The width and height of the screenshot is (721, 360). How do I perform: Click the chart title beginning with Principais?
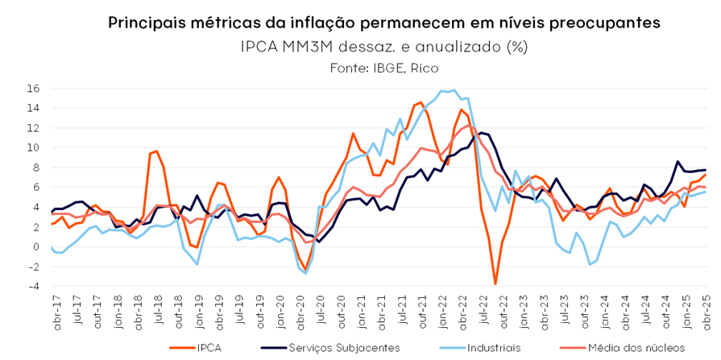(x=383, y=23)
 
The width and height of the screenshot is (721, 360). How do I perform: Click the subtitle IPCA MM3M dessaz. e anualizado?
(x=383, y=46)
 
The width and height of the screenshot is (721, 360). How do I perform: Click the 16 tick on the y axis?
(x=35, y=89)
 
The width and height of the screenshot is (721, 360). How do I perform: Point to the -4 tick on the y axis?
(x=34, y=286)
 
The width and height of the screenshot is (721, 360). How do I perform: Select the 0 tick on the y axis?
(x=37, y=246)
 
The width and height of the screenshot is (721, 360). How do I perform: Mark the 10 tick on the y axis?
(x=35, y=147)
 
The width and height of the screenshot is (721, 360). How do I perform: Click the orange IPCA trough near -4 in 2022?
(x=495, y=283)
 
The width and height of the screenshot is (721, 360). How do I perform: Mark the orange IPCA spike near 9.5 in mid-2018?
(x=157, y=151)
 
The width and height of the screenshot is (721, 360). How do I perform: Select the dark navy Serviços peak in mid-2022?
(x=482, y=133)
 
